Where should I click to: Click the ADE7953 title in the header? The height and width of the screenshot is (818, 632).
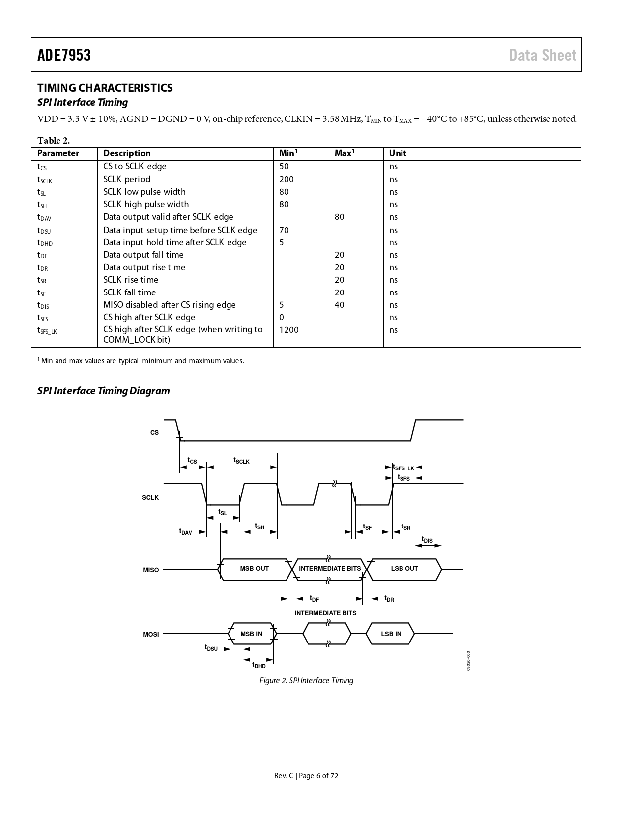(64, 55)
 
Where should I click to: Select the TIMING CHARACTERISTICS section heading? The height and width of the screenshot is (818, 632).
(105, 88)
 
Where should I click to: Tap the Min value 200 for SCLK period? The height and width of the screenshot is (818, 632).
(287, 179)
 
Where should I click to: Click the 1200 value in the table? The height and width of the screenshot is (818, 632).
(289, 330)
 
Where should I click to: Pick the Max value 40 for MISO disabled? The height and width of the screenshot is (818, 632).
(339, 305)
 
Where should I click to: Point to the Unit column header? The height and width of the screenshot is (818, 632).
(398, 153)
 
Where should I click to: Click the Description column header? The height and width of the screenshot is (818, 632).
(127, 153)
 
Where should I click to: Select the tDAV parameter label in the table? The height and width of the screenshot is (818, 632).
(44, 217)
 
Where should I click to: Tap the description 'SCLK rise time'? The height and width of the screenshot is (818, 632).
(130, 280)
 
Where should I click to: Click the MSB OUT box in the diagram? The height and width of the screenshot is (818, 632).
(254, 569)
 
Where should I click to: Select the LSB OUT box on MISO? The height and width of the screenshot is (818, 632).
(404, 569)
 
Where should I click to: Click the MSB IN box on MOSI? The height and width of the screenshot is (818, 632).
(251, 634)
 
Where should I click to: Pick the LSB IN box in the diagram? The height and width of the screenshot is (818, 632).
(391, 634)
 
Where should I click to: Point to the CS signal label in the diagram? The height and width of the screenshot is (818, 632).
(154, 433)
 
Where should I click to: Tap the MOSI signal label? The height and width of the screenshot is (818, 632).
(151, 635)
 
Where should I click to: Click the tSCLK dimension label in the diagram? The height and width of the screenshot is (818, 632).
(241, 461)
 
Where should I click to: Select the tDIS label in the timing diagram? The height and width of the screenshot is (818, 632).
(427, 540)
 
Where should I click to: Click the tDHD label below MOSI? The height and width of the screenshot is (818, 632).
(259, 665)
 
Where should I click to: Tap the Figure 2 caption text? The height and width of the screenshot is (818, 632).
(306, 681)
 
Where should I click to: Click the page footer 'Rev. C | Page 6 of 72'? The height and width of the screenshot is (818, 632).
(306, 776)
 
